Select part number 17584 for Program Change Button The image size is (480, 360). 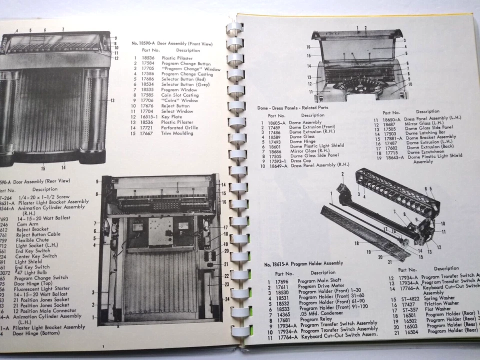147,63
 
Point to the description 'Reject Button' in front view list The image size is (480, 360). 175,105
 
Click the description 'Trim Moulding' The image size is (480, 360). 177,133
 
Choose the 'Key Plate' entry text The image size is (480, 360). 172,116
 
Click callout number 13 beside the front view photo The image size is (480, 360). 112,100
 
